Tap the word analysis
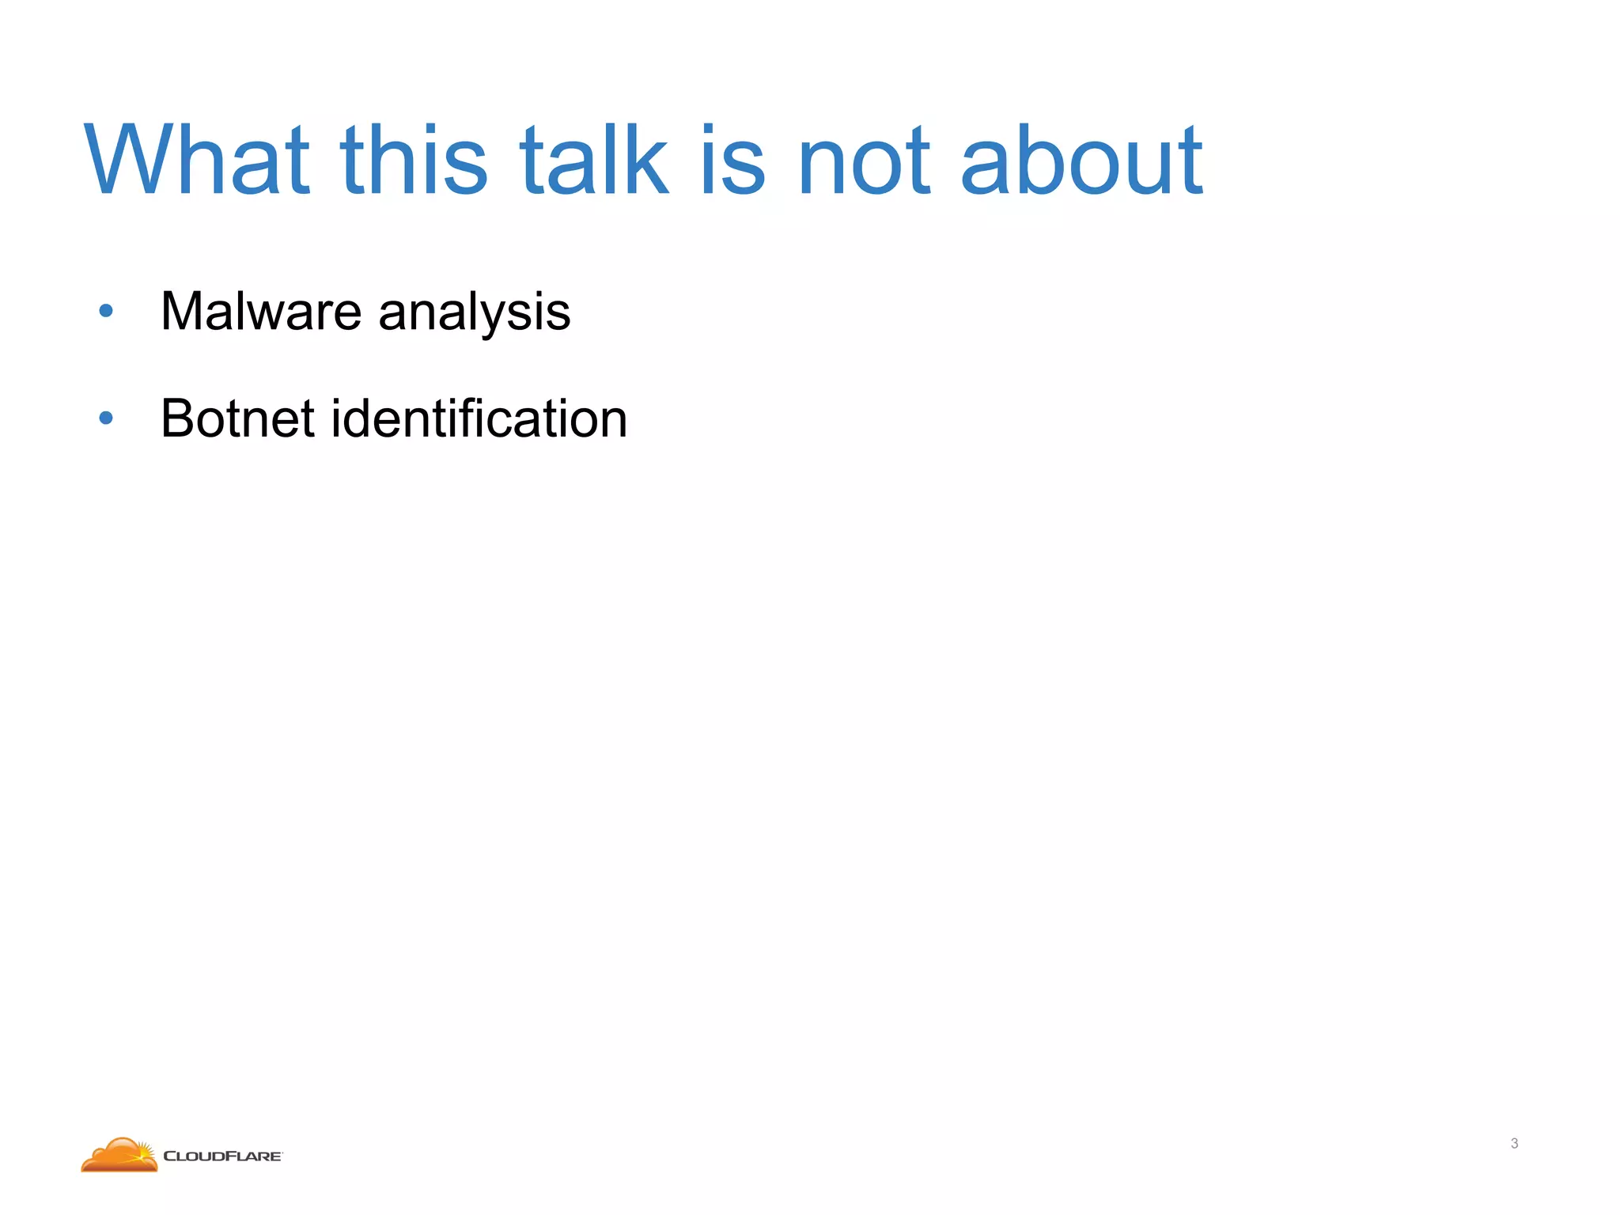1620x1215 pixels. (475, 312)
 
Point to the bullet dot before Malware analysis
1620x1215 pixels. (106, 311)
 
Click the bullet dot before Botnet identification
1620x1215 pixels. (106, 418)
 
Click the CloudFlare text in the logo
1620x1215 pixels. (222, 1156)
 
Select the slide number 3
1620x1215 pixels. (1514, 1143)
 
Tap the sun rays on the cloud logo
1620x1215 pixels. (143, 1147)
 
